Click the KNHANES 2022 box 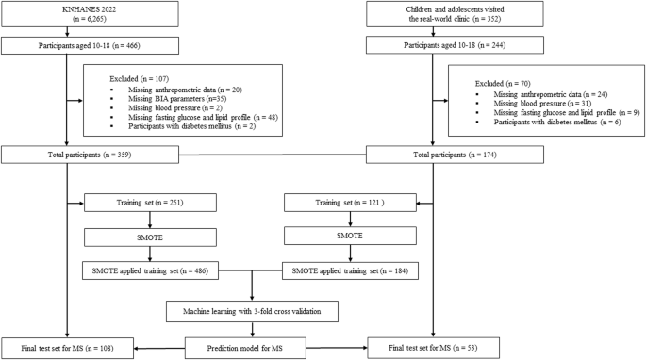click(66, 13)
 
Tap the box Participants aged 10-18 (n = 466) click(66, 44)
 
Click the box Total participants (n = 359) click(66, 155)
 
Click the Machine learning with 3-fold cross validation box click(252, 309)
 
